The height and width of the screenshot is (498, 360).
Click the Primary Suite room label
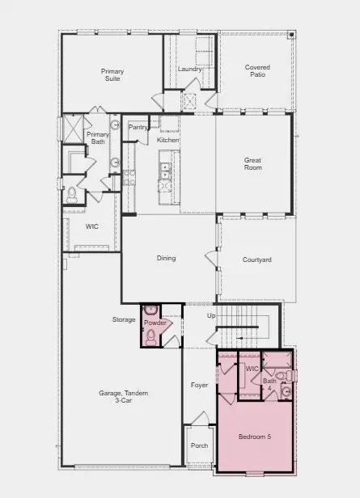click(112, 75)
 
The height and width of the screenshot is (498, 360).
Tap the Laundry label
click(189, 69)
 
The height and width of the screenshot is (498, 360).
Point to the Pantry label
click(138, 127)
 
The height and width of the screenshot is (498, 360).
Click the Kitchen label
click(168, 140)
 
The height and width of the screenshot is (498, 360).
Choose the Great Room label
click(253, 163)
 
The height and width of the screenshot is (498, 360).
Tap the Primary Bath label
click(98, 138)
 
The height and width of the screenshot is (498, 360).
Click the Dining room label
click(167, 259)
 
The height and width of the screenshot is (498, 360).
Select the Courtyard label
click(256, 260)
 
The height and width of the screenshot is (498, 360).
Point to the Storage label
click(124, 320)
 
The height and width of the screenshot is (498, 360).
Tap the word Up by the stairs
click(212, 315)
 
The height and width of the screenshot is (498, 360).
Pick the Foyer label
click(199, 385)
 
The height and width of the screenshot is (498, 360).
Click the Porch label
click(198, 445)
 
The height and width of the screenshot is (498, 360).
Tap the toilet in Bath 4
click(281, 376)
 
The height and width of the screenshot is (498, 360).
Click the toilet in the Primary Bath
click(72, 192)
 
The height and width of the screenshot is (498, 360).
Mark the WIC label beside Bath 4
click(252, 369)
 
